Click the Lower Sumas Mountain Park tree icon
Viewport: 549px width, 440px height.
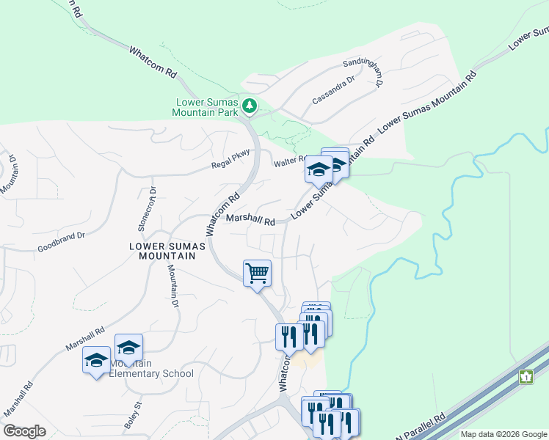pyautogui.click(x=250, y=106)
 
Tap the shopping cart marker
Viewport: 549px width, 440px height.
pyautogui.click(x=258, y=274)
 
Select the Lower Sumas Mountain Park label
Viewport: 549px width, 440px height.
pyautogui.click(x=206, y=107)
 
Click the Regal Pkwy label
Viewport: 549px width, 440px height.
pyautogui.click(x=231, y=158)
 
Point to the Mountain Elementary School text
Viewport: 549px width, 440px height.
pyautogui.click(x=152, y=369)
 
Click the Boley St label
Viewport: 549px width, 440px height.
pyautogui.click(x=137, y=415)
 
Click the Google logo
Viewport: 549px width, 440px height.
pyautogui.click(x=24, y=431)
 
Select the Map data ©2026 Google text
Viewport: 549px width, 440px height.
pyautogui.click(x=503, y=434)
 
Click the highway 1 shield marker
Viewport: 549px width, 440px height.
pyautogui.click(x=526, y=377)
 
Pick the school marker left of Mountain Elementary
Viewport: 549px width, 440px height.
pyautogui.click(x=96, y=360)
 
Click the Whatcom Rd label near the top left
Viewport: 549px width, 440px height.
pyautogui.click(x=153, y=63)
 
